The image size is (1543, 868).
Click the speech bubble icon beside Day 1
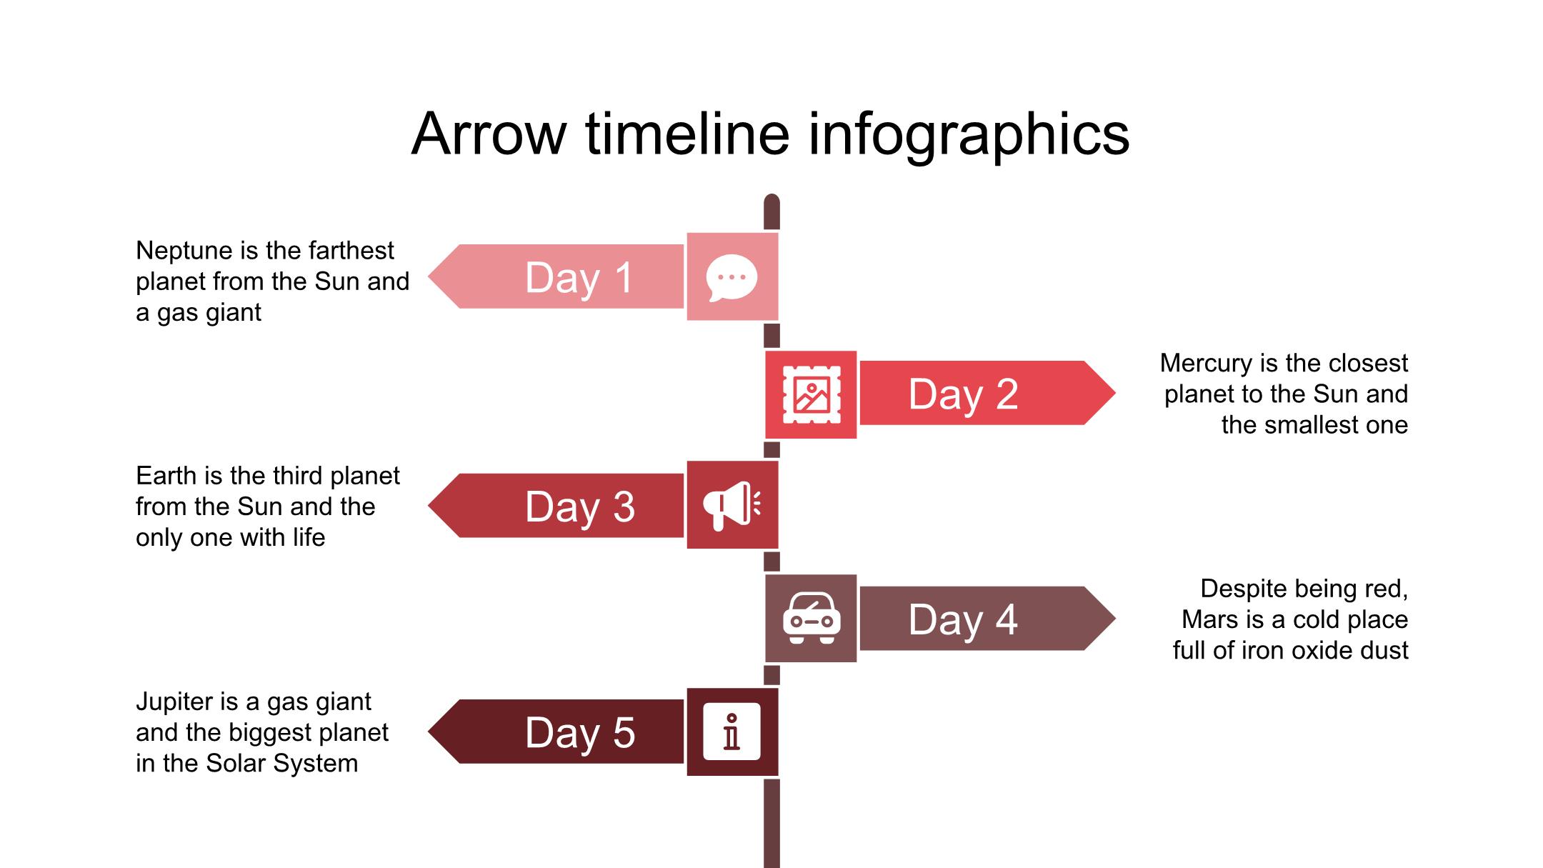pos(731,277)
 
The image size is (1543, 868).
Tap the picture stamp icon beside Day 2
pos(812,394)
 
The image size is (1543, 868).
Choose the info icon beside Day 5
pos(731,732)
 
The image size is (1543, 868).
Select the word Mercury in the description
pos(1206,364)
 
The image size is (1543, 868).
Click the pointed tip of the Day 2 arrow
pos(1115,393)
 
